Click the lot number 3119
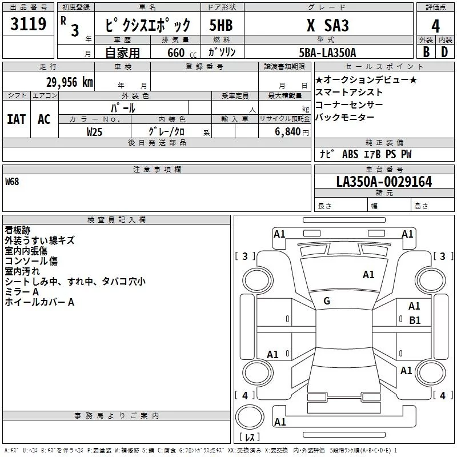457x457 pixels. [x=28, y=24]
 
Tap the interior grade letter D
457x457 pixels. [x=444, y=52]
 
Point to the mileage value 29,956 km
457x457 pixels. [x=69, y=82]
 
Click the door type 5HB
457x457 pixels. [x=221, y=25]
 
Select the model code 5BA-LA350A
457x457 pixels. [x=327, y=53]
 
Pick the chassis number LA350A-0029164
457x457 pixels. [x=384, y=182]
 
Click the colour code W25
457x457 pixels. [x=94, y=132]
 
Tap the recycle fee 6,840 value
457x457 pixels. [x=288, y=132]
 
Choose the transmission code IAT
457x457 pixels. [x=17, y=119]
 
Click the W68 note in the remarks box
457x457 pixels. [x=12, y=182]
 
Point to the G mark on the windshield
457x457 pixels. [x=327, y=301]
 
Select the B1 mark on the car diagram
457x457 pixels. [x=415, y=320]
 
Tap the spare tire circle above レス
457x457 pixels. [x=250, y=417]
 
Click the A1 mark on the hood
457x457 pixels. [x=368, y=275]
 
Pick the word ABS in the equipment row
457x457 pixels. [x=350, y=154]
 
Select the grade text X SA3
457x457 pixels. [x=328, y=25]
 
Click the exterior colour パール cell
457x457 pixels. [x=123, y=108]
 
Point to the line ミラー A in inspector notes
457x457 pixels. [x=22, y=292]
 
